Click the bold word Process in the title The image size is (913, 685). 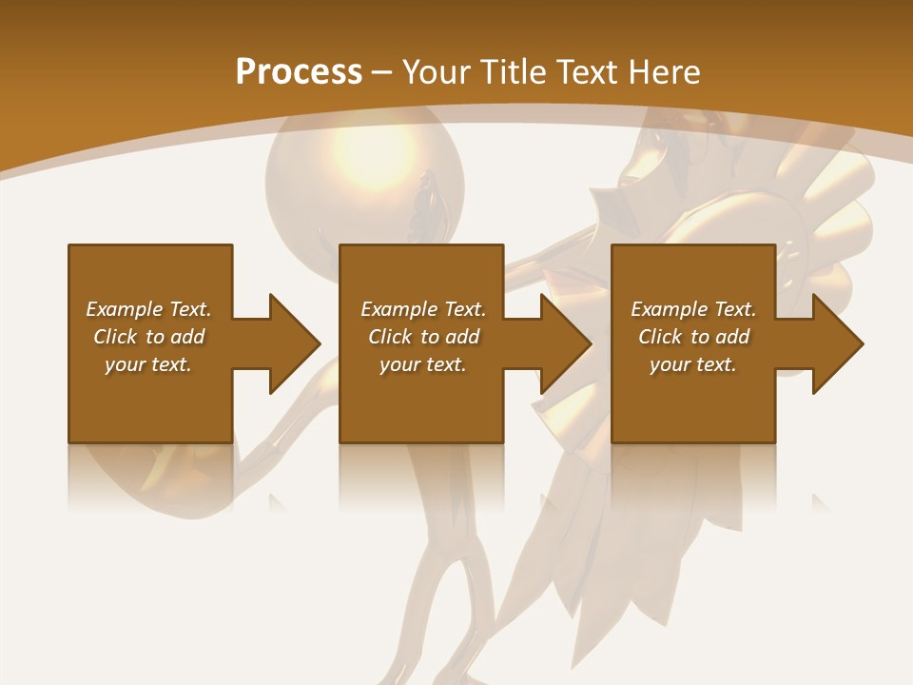click(299, 71)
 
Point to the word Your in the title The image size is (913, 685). click(435, 71)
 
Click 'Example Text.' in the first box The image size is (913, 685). click(148, 309)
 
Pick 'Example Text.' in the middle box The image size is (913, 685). click(423, 309)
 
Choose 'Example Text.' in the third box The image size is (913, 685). click(693, 309)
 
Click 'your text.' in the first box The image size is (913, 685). click(148, 364)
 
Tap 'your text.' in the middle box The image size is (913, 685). click(423, 364)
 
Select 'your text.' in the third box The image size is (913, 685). click(693, 364)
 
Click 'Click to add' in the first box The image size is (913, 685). click(148, 337)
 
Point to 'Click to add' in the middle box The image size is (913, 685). click(423, 337)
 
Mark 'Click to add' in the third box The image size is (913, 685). click(693, 337)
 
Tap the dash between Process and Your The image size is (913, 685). click(382, 72)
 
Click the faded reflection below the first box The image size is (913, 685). click(149, 476)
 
